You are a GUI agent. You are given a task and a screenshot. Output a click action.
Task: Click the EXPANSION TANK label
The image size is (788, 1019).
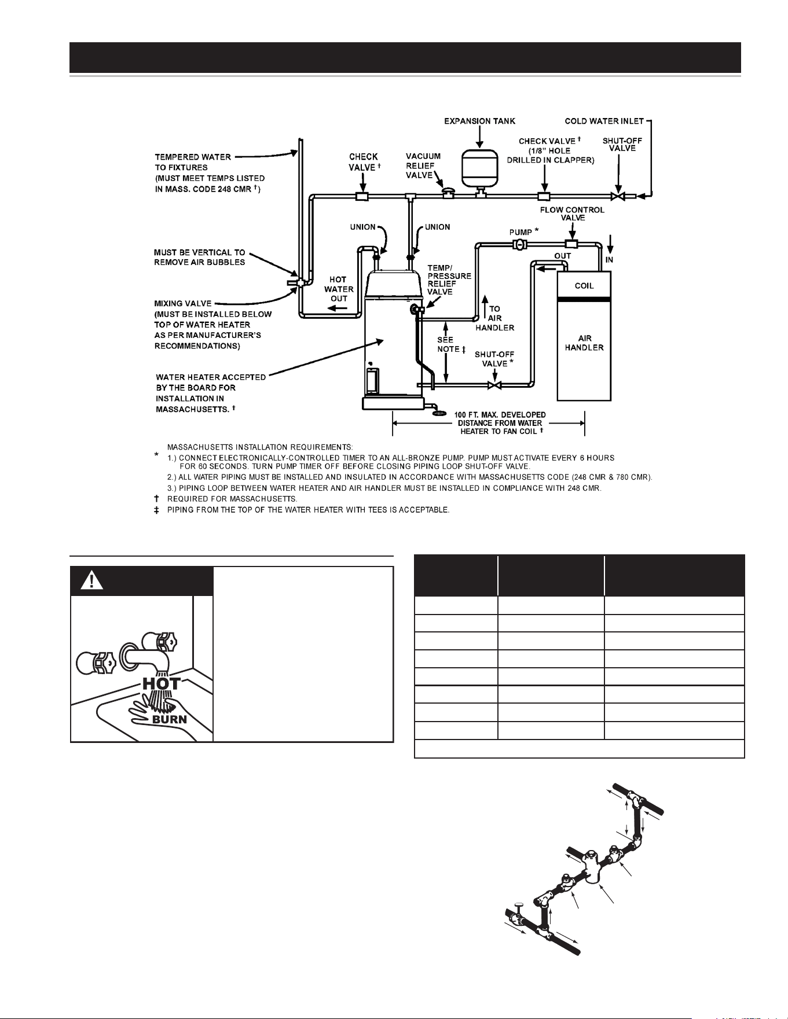click(479, 122)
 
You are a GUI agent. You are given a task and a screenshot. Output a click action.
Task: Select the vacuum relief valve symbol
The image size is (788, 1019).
click(448, 191)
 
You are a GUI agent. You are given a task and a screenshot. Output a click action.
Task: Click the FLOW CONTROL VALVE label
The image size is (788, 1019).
click(572, 214)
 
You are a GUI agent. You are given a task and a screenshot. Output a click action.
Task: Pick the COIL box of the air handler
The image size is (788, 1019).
click(584, 285)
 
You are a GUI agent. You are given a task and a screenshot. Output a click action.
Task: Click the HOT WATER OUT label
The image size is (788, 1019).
click(339, 289)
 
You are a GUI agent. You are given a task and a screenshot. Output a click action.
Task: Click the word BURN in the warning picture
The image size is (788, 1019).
click(170, 719)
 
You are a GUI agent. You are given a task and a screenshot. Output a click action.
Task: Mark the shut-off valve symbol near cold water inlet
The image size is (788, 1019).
click(618, 196)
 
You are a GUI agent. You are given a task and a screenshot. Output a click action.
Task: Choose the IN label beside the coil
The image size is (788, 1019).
click(609, 260)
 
